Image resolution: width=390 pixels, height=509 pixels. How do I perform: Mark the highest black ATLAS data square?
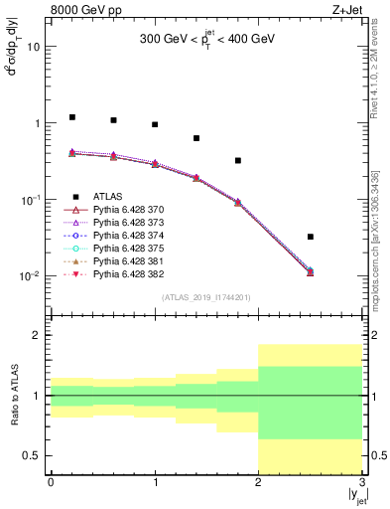(x=71, y=117)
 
